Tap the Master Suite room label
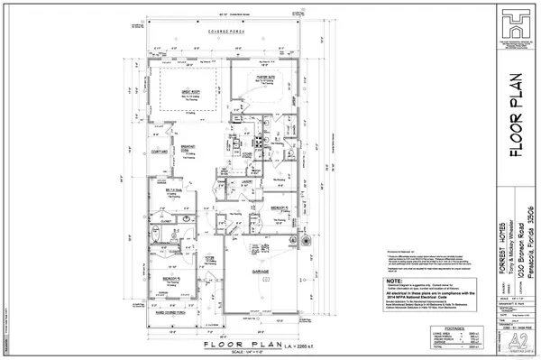(263, 78)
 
